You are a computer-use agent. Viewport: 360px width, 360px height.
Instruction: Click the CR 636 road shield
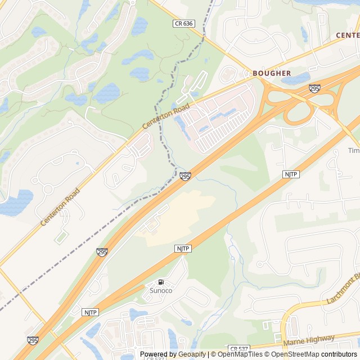point(183,23)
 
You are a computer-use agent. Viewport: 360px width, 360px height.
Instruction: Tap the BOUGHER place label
point(272,73)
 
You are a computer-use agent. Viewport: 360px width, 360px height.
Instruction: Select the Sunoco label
point(161,290)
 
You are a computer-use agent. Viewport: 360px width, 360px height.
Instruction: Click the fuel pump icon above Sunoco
point(161,282)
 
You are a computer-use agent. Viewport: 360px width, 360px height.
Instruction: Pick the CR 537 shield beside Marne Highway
point(238,350)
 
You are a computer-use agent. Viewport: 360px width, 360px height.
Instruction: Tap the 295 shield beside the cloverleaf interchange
point(314,88)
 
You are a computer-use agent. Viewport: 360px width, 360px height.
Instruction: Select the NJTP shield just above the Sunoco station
point(183,248)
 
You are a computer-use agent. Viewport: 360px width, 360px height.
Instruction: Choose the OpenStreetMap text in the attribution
point(296,354)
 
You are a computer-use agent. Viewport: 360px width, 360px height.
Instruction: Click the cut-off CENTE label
point(347,35)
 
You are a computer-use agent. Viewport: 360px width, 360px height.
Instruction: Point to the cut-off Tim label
point(353,151)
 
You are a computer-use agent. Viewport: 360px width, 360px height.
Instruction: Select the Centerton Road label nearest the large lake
point(60,208)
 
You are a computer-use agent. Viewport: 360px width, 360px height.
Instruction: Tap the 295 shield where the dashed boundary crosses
point(185,177)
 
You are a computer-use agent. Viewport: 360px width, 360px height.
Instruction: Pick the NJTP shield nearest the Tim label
point(291,174)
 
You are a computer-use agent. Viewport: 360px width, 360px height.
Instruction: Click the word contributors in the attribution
point(339,354)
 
